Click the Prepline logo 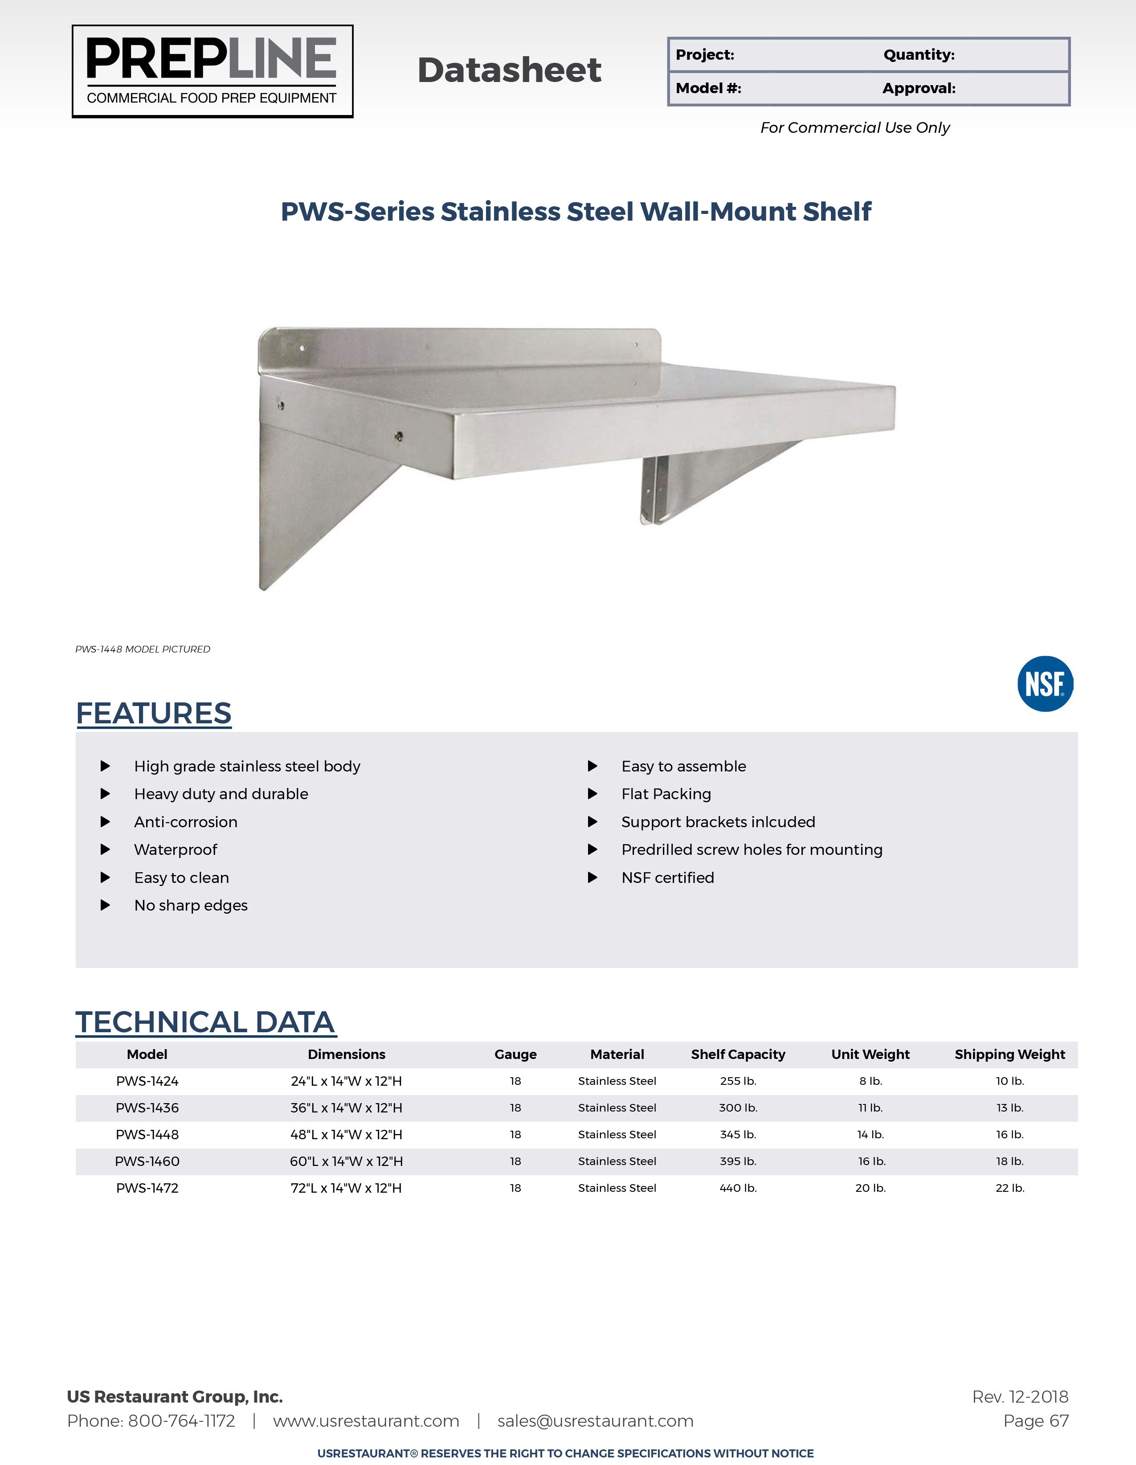tap(212, 71)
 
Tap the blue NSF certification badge tap(1044, 684)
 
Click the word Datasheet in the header tap(509, 70)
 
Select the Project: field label tap(705, 55)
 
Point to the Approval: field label tap(918, 89)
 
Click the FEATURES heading tap(154, 714)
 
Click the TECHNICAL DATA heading tap(205, 1022)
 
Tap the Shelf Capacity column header tap(738, 1055)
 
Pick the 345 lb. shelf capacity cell tap(738, 1134)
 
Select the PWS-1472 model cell tap(147, 1188)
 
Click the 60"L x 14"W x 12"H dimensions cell tap(346, 1161)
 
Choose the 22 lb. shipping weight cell tap(1009, 1188)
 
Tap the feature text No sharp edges tap(191, 906)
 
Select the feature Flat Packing tap(666, 794)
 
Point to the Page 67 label tap(1035, 1421)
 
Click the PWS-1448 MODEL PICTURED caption tap(143, 649)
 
